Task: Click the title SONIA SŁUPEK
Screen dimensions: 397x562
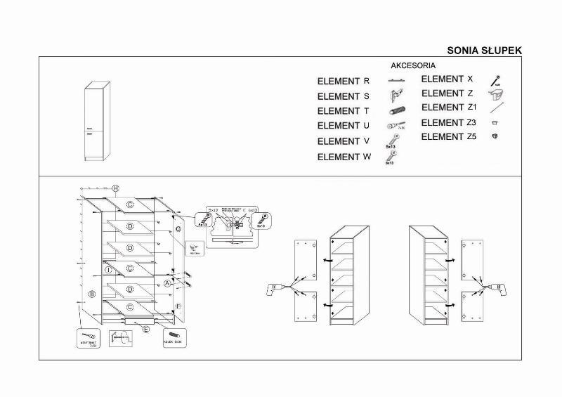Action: tap(484, 51)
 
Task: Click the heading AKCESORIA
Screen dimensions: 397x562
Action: tap(413, 65)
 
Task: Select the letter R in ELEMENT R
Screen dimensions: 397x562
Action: tap(367, 82)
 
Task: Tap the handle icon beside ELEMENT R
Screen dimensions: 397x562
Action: tap(398, 82)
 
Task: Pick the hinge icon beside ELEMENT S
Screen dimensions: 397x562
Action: tap(396, 95)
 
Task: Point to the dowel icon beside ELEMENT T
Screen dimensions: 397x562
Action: tap(396, 111)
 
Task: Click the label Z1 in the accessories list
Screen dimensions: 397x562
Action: tap(472, 108)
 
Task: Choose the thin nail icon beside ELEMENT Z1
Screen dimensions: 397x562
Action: tap(498, 108)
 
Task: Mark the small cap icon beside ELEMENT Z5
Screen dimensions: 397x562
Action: tap(495, 136)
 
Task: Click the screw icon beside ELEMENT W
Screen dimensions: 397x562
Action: tap(389, 157)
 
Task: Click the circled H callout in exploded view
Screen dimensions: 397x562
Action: tap(116, 188)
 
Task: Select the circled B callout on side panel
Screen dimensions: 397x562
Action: tap(93, 294)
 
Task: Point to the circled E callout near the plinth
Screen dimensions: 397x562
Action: tap(145, 329)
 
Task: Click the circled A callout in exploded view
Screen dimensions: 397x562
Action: tap(167, 283)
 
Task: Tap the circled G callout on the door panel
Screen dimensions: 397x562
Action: tap(178, 229)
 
